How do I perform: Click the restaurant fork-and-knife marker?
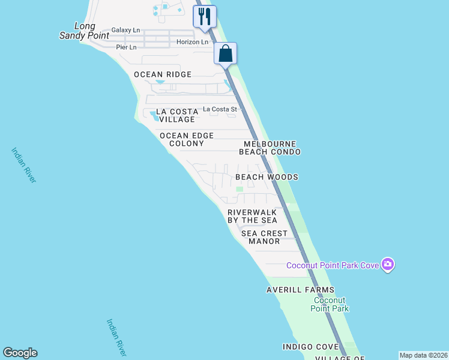point(205,16)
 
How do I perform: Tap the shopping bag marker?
point(226,53)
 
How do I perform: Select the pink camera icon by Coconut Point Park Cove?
point(388,264)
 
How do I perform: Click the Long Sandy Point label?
point(84,31)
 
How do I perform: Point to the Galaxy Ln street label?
point(125,30)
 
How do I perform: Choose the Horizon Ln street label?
point(192,42)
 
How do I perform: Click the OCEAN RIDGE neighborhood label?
point(163,74)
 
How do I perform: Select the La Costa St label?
point(220,109)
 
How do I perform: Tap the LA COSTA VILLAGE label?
point(177,116)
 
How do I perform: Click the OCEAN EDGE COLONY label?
point(187,140)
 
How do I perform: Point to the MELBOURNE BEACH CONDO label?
point(270,148)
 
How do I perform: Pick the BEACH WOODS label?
point(267,177)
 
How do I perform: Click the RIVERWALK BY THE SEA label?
point(252,216)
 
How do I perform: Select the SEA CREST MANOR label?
point(264,237)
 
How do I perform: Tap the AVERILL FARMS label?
point(300,290)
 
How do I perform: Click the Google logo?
point(20,353)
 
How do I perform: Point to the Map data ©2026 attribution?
point(423,355)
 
